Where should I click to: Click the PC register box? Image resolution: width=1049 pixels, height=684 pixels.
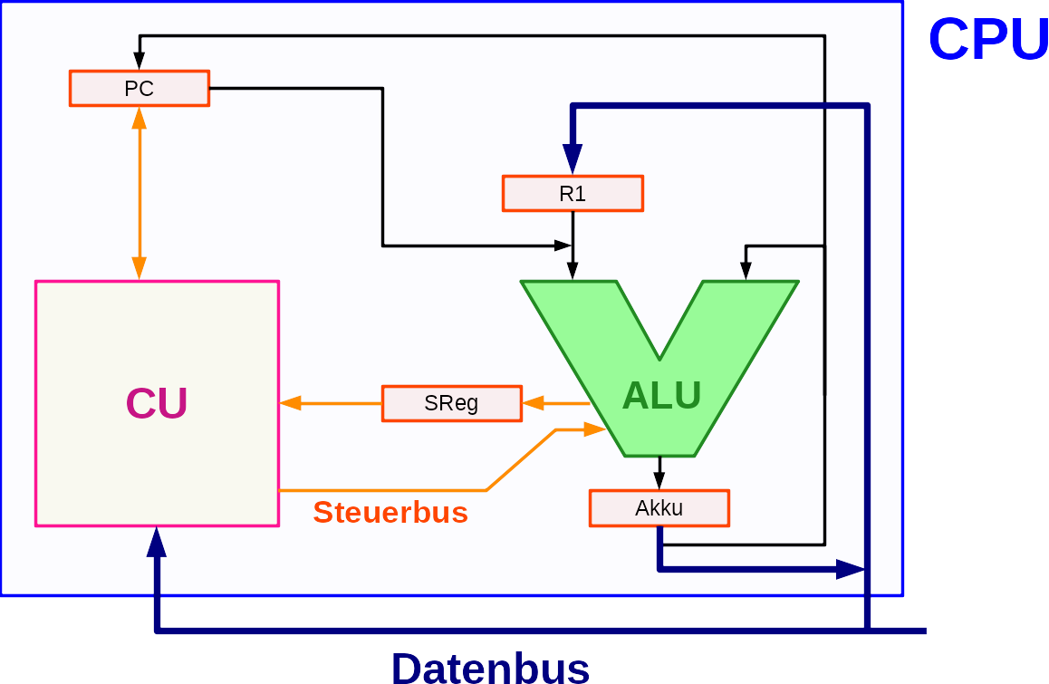(x=140, y=89)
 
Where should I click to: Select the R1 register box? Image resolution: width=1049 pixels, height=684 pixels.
(x=573, y=193)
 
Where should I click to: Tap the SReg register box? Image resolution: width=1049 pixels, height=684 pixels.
(x=451, y=403)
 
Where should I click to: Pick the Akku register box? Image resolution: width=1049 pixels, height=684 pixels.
(x=659, y=508)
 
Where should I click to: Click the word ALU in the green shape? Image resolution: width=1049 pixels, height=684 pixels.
(x=661, y=395)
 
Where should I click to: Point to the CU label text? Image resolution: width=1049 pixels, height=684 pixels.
(x=157, y=403)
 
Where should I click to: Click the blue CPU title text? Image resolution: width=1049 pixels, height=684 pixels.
(x=987, y=39)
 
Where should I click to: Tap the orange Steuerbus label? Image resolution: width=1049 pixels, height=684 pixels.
(x=390, y=513)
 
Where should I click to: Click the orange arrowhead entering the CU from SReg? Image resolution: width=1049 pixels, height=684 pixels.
(x=290, y=403)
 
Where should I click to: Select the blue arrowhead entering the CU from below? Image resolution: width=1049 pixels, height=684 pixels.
(x=157, y=542)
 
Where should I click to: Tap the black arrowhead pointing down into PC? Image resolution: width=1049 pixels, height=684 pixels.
(x=140, y=61)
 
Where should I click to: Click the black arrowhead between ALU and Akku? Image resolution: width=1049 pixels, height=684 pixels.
(x=659, y=480)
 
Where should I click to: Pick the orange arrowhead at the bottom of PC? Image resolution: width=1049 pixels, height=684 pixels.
(x=140, y=118)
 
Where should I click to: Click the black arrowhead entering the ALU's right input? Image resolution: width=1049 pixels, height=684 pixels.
(x=746, y=270)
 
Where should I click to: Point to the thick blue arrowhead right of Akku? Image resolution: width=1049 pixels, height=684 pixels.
(x=851, y=569)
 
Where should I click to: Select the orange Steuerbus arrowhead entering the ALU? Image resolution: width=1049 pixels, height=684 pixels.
(x=594, y=429)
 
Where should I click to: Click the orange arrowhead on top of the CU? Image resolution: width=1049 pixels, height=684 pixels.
(x=140, y=268)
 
